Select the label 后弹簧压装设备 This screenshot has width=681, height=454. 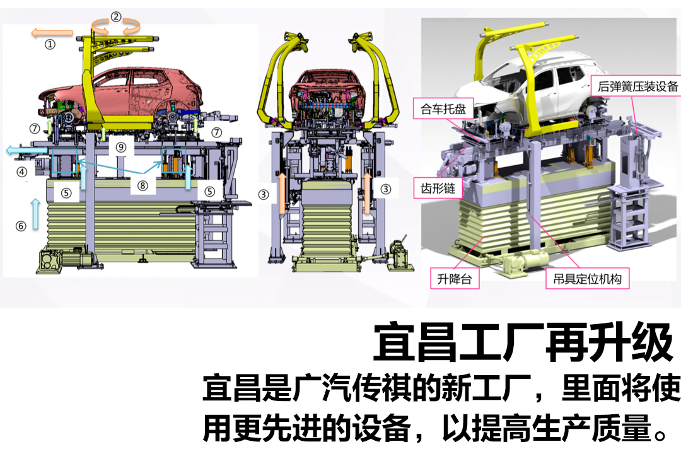point(636,87)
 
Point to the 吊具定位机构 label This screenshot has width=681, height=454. point(587,277)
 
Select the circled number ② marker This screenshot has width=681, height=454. point(116,17)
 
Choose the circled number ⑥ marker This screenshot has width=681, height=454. point(21,225)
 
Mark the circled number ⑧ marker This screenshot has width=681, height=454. point(143,185)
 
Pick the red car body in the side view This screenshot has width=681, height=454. point(126,91)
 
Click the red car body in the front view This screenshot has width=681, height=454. point(325,95)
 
